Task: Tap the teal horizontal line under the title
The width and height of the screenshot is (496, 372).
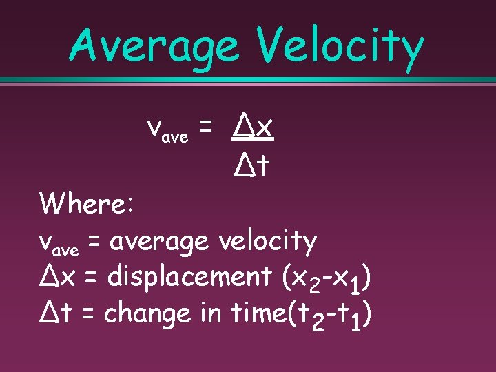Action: pos(248,81)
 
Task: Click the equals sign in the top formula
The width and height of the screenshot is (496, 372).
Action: pos(205,128)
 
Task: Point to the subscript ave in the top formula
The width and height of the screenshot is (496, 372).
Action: pos(175,137)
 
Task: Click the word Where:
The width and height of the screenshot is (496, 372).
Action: pos(90,204)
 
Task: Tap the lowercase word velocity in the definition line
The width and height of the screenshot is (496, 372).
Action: pos(267,241)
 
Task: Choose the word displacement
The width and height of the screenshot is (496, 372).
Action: pos(190,278)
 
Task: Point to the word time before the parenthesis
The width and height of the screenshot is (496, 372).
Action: pos(259,314)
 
